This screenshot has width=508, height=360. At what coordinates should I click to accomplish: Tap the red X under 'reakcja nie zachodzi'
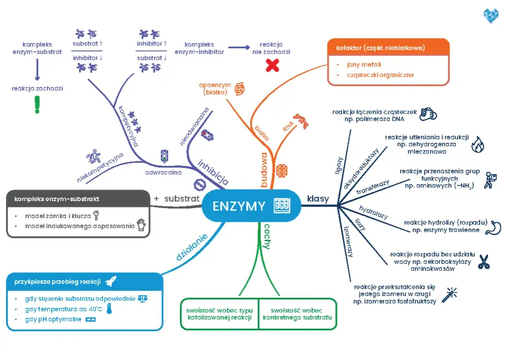[272, 65]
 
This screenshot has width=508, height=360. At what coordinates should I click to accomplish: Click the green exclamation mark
[37, 104]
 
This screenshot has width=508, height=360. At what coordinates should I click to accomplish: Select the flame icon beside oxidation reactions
[477, 145]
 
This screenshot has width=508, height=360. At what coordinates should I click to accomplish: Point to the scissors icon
[483, 262]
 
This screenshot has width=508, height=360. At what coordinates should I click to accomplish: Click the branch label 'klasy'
[318, 198]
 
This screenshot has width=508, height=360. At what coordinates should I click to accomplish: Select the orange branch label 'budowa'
[265, 170]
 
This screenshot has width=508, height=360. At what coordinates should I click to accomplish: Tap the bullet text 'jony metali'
[364, 64]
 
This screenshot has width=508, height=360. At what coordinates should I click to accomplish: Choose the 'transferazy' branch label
[373, 187]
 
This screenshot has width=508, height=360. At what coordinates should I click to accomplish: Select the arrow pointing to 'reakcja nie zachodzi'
[239, 47]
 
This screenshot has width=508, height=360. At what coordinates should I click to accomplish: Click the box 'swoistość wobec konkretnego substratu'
[297, 314]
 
